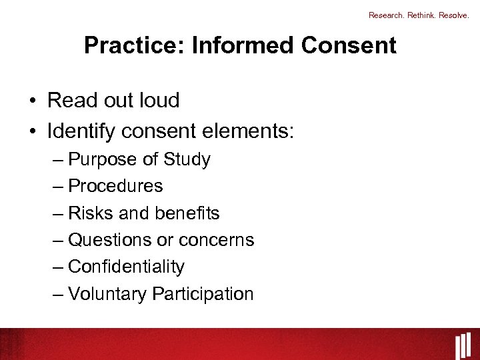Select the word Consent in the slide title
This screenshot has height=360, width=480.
click(x=349, y=45)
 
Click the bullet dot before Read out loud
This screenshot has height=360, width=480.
click(x=32, y=101)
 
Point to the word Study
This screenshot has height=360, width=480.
click(x=187, y=160)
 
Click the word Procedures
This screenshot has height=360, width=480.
click(x=115, y=186)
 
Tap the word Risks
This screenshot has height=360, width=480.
click(x=90, y=213)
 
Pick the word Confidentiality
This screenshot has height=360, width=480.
click(x=126, y=267)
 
